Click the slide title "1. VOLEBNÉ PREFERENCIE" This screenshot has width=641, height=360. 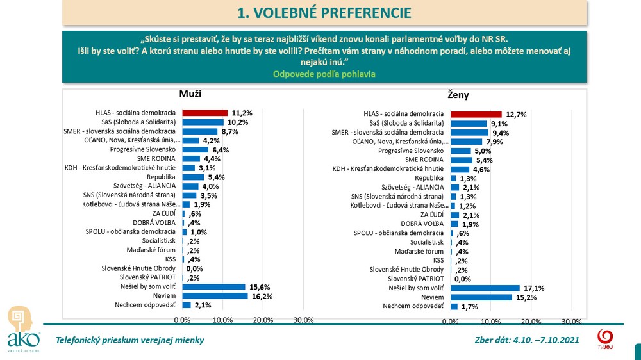click(x=324, y=13)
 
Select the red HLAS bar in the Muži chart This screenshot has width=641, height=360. click(x=205, y=113)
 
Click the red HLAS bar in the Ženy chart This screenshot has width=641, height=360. click(x=476, y=115)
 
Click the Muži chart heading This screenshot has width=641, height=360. click(x=190, y=94)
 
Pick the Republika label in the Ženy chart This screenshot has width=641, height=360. click(x=429, y=178)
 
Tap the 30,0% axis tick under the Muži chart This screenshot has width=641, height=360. click(x=303, y=320)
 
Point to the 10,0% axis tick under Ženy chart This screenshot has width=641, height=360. click(x=490, y=321)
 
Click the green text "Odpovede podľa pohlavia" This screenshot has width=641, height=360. click(x=324, y=74)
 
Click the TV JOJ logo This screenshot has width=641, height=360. click(x=604, y=338)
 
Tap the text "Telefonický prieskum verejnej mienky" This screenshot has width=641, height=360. click(x=130, y=340)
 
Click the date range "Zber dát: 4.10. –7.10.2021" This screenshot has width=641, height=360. click(x=526, y=340)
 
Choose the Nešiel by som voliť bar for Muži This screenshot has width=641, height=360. click(x=213, y=287)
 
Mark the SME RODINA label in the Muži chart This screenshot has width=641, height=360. click(x=156, y=158)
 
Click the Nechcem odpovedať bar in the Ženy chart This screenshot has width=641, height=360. click(x=453, y=306)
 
